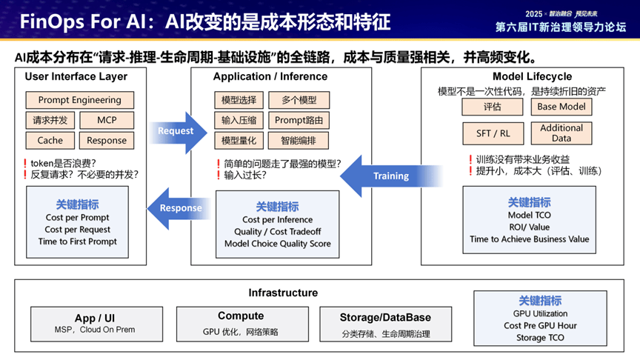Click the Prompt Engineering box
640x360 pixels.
coord(79,100)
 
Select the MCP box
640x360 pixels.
coord(107,120)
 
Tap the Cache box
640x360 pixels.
coord(50,140)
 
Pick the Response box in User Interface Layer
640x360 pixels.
coord(107,140)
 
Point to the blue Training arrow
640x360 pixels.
coord(387,176)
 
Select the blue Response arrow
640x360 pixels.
coord(178,208)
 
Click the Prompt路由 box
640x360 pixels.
coord(299,120)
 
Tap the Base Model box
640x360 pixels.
coord(561,107)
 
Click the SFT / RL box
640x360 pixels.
coord(493,133)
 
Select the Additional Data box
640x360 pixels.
coord(561,133)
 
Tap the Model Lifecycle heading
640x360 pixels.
coord(532,76)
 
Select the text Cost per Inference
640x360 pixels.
coord(277,220)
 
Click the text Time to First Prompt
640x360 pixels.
coord(77,241)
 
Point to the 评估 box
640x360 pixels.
coord(493,107)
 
